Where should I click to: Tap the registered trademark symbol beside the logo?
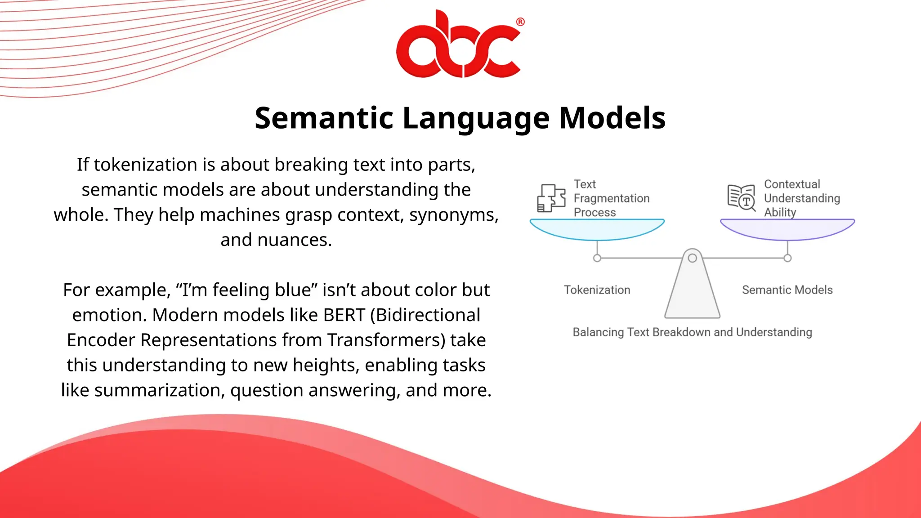pyautogui.click(x=520, y=22)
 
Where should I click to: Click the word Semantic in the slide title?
pyautogui.click(x=324, y=118)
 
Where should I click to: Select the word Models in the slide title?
pyautogui.click(x=612, y=118)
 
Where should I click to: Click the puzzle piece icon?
pyautogui.click(x=551, y=198)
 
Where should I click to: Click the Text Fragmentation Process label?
pyautogui.click(x=611, y=198)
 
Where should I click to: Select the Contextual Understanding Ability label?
pyautogui.click(x=801, y=198)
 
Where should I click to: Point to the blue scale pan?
pyautogui.click(x=597, y=229)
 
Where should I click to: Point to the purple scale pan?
pyautogui.click(x=787, y=229)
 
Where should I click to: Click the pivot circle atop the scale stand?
pyautogui.click(x=693, y=258)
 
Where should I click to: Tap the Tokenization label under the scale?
pyautogui.click(x=597, y=290)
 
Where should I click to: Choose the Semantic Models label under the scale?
pyautogui.click(x=787, y=290)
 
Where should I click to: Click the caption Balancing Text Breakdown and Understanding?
pyautogui.click(x=692, y=332)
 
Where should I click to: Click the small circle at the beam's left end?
pyautogui.click(x=597, y=258)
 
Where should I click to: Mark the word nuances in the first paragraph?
pyautogui.click(x=294, y=240)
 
